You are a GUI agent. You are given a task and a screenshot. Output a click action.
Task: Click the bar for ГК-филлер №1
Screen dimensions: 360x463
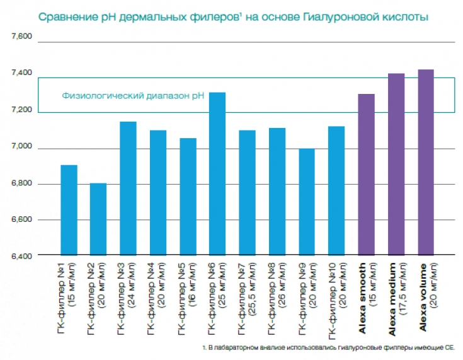click(x=69, y=210)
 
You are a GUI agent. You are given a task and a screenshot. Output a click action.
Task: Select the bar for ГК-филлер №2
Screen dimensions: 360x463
click(x=98, y=219)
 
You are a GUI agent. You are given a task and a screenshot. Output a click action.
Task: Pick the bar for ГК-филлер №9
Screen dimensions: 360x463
click(x=306, y=202)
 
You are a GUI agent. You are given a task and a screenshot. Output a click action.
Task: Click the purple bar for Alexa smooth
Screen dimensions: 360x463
click(x=366, y=175)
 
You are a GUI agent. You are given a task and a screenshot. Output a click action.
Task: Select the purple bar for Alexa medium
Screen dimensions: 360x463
click(x=396, y=164)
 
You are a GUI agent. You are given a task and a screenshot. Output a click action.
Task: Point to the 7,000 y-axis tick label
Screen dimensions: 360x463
click(x=21, y=148)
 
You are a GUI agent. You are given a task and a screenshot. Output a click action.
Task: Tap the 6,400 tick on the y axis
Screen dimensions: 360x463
click(x=21, y=255)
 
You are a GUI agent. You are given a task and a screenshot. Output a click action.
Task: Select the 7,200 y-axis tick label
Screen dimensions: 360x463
click(x=21, y=111)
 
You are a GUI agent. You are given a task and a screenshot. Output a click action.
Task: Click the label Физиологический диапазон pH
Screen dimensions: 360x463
click(x=133, y=96)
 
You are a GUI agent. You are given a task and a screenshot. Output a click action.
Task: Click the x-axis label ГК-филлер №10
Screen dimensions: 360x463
click(x=335, y=293)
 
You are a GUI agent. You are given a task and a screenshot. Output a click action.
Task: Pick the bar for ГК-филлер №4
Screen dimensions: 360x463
click(x=157, y=192)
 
